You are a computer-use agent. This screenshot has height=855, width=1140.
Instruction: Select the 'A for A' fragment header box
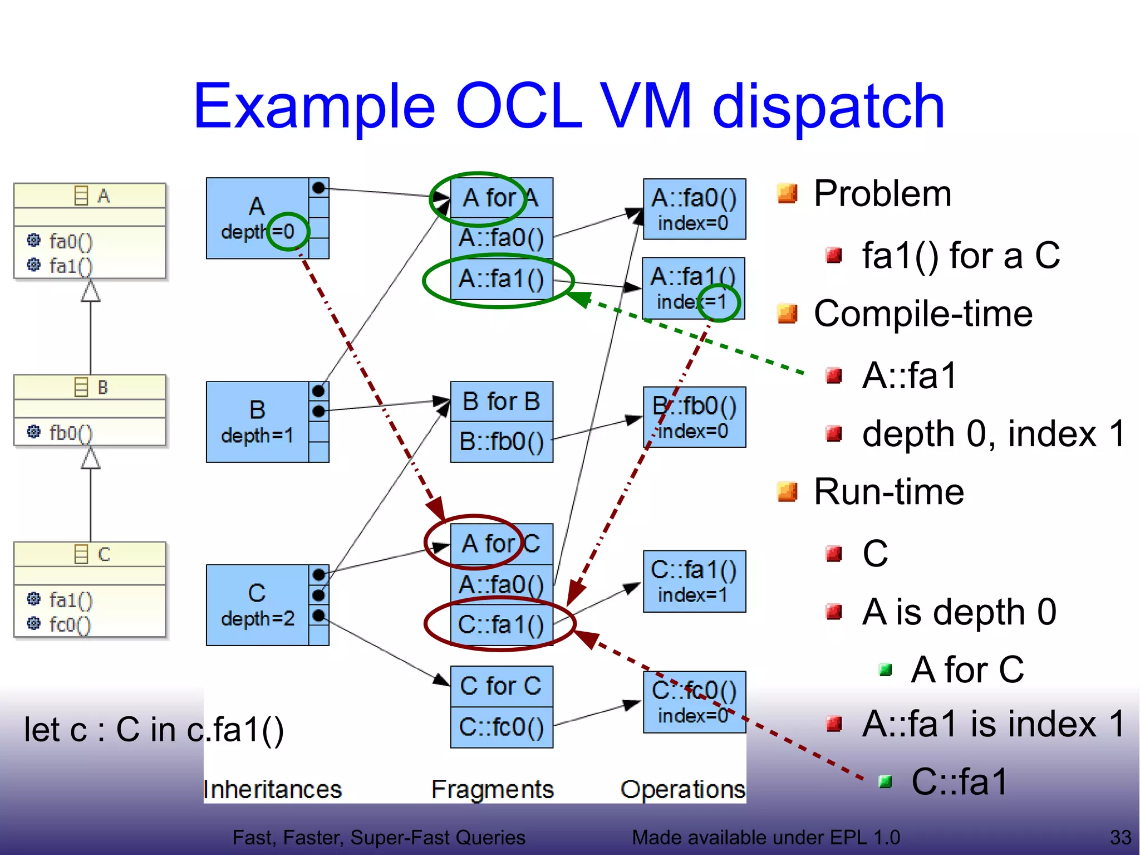(501, 198)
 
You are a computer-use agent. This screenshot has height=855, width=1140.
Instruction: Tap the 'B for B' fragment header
(501, 401)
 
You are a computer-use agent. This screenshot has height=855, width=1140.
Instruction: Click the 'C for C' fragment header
(501, 686)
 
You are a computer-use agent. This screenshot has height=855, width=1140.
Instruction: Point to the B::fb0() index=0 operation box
(694, 417)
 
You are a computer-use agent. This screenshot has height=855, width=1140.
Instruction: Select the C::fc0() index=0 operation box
(694, 702)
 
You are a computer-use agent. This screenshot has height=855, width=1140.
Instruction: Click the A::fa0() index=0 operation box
(694, 209)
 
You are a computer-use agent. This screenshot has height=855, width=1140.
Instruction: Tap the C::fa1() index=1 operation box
(694, 582)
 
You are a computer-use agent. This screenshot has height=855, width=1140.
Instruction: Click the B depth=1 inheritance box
(257, 422)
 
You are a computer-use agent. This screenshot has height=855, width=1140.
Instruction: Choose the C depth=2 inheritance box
(257, 605)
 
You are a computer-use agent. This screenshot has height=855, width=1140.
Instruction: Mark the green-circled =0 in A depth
(287, 231)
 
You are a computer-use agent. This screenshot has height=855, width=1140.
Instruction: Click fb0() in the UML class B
(71, 433)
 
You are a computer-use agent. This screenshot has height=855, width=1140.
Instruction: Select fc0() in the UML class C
(70, 624)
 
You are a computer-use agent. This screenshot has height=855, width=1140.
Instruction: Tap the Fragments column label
(492, 789)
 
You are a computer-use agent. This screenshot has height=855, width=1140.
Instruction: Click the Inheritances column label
(273, 789)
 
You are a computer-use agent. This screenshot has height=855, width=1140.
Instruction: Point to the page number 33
(1120, 837)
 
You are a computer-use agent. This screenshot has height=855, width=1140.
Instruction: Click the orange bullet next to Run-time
(787, 492)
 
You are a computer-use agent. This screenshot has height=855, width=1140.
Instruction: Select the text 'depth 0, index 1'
(993, 434)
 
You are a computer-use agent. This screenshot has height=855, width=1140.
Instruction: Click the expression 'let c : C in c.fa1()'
(154, 730)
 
